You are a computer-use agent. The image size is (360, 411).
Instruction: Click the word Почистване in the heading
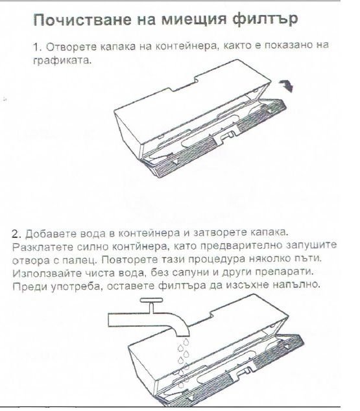[82, 19]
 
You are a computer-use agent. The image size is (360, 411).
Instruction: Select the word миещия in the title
[193, 19]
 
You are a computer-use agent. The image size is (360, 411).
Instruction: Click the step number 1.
[38, 47]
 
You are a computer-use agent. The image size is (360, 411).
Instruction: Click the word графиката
[62, 60]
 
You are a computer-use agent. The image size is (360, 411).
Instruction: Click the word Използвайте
[45, 273]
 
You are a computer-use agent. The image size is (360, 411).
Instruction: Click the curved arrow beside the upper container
[287, 86]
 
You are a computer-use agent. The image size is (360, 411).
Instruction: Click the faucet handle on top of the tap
[151, 300]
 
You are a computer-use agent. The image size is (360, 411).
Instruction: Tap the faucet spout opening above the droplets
[182, 335]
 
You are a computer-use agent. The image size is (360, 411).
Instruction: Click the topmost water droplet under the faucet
[186, 342]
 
